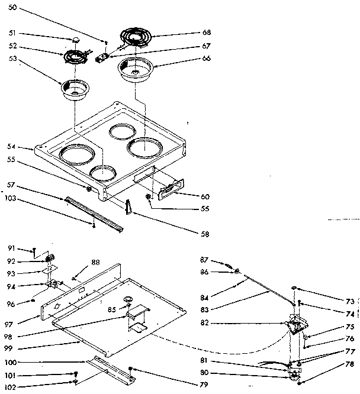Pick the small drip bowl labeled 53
[x=74, y=91]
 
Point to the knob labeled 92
[x=50, y=257]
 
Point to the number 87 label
[x=204, y=260]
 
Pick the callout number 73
[x=350, y=301]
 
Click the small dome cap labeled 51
[x=76, y=40]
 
